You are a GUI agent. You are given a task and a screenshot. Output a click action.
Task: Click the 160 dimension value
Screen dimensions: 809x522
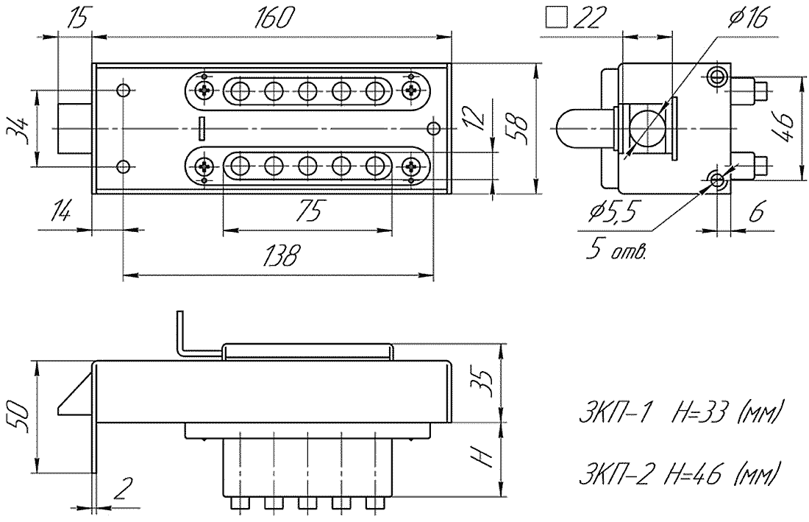274,19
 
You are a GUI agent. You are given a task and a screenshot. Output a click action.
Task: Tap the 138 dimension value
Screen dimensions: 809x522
281,255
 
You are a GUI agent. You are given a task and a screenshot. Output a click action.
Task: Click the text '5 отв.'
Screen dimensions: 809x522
616,251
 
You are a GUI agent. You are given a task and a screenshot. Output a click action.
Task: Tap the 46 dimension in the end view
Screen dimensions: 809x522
784,128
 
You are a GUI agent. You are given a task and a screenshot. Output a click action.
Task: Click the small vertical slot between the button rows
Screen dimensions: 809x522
202,128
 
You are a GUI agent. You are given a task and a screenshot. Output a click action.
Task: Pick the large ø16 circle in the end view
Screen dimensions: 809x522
645,128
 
